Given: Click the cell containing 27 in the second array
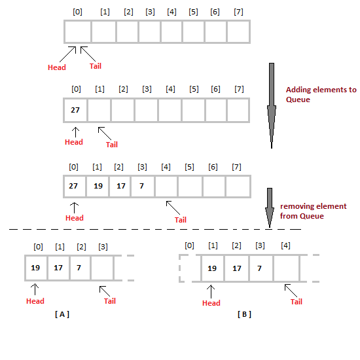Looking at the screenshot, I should (75, 110).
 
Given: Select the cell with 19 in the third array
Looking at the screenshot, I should (98, 186).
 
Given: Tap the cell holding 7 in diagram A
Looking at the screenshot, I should (79, 268).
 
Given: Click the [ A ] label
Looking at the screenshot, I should (62, 314).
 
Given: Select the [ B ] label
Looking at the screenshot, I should (244, 314).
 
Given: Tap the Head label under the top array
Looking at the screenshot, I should (57, 67).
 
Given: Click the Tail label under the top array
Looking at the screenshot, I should (95, 65).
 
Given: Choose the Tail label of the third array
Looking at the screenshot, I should (181, 220).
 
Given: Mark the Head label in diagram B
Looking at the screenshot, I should (211, 303).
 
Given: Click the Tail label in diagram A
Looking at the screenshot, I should (110, 301).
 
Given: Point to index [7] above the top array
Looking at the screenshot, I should (240, 12).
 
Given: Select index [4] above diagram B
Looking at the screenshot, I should (285, 245).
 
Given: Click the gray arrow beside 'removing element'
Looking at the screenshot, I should (269, 208).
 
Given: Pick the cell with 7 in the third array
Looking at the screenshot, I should (141, 186).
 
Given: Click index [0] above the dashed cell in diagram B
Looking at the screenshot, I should (189, 245).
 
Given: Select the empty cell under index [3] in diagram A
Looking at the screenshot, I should (102, 268).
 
